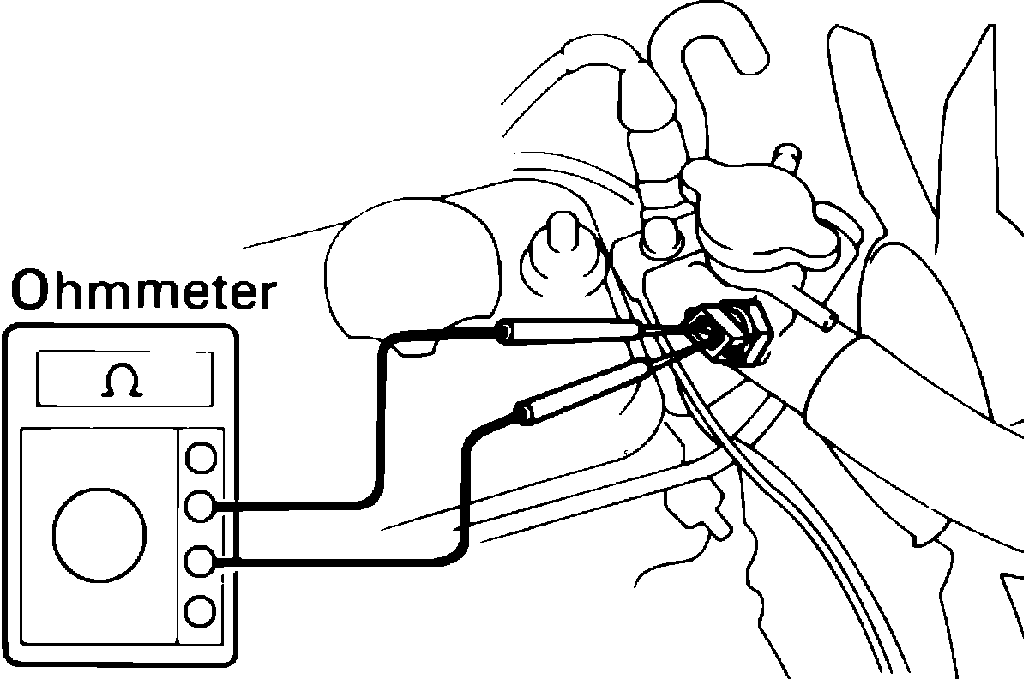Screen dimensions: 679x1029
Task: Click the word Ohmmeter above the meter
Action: click(144, 292)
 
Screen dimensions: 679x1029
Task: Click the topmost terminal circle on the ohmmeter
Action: click(200, 457)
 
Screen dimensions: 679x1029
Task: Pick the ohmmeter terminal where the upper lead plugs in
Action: click(200, 507)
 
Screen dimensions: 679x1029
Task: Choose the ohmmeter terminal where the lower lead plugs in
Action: click(200, 562)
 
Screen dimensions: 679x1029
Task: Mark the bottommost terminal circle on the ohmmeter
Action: click(200, 611)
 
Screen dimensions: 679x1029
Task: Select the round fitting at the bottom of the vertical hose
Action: click(660, 231)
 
